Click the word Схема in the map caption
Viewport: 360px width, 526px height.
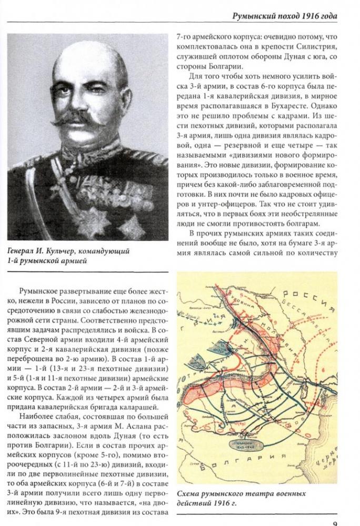pos(188,494)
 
